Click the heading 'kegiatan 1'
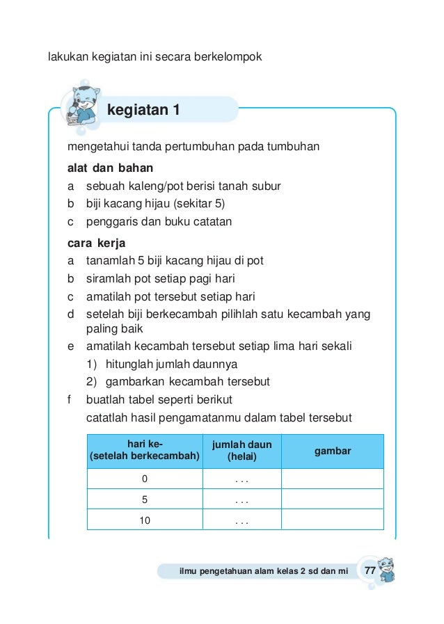click(x=143, y=110)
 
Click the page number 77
click(x=370, y=571)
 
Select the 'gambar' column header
click(x=333, y=451)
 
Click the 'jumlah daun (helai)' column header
click(x=241, y=451)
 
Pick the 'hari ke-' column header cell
click(x=145, y=451)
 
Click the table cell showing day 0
click(x=145, y=479)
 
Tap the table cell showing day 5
click(x=145, y=499)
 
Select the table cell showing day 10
click(x=145, y=520)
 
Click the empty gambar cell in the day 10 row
click(x=333, y=520)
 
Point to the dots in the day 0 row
click(x=241, y=480)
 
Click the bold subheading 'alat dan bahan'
click(x=110, y=168)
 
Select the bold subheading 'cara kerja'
click(x=95, y=243)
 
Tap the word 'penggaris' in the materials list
click(x=109, y=222)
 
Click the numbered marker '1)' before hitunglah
click(x=91, y=364)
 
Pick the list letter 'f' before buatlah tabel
click(x=70, y=400)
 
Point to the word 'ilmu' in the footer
click(x=189, y=572)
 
